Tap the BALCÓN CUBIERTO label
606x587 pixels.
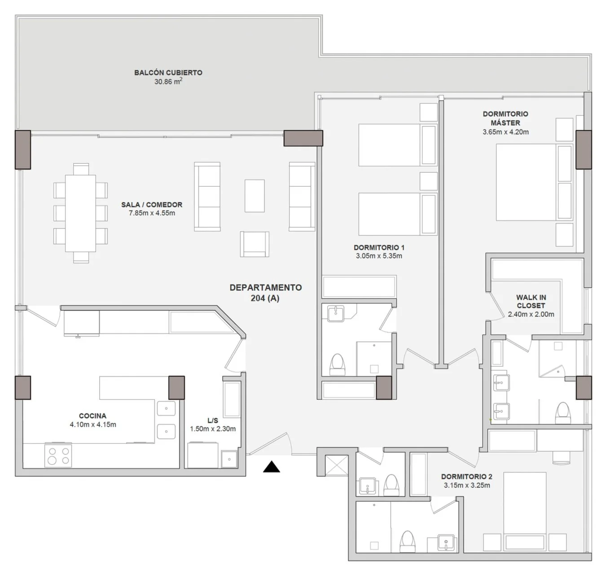tap(168, 73)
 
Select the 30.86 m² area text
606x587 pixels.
tap(168, 82)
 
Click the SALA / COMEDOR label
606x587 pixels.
tap(152, 205)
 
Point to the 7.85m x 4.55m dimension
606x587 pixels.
tap(152, 213)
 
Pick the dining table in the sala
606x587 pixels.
tap(80, 213)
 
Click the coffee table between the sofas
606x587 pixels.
tap(255, 196)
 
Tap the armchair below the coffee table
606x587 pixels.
tap(255, 244)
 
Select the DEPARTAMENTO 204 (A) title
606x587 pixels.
tap(266, 293)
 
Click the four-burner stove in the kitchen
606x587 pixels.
tap(58, 456)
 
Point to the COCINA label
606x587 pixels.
tap(92, 416)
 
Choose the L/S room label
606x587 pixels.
tap(213, 421)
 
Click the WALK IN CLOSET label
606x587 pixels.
tap(531, 302)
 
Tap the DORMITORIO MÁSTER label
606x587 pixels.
tap(505, 118)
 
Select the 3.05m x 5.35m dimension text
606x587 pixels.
tap(379, 256)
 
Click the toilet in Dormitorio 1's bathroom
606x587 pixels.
tap(337, 365)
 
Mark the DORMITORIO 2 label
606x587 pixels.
tap(466, 477)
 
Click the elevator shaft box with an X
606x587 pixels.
tap(336, 465)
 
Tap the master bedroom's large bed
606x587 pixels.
tap(534, 182)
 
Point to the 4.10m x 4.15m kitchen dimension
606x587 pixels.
tap(93, 425)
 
